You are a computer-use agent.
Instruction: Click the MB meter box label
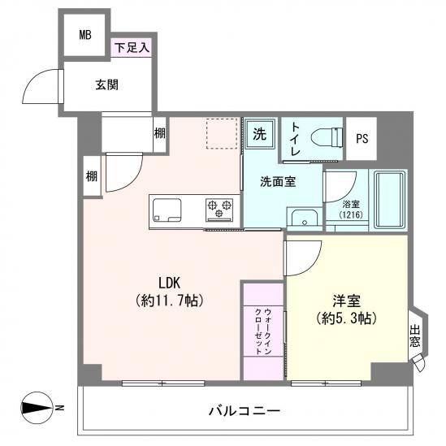[85, 35]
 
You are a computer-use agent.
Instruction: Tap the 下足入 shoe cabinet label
[131, 48]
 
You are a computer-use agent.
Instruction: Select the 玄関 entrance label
[107, 84]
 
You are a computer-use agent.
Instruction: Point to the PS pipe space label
[362, 139]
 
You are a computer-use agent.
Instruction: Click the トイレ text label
[297, 141]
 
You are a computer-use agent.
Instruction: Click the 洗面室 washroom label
[277, 181]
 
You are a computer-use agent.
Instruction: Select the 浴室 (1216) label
[350, 210]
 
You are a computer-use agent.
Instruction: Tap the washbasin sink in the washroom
[302, 217]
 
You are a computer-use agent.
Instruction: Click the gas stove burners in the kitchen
[219, 210]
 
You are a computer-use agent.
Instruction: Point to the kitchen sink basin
[166, 212]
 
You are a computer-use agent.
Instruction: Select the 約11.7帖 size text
[169, 301]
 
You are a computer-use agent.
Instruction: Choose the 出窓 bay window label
[415, 336]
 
